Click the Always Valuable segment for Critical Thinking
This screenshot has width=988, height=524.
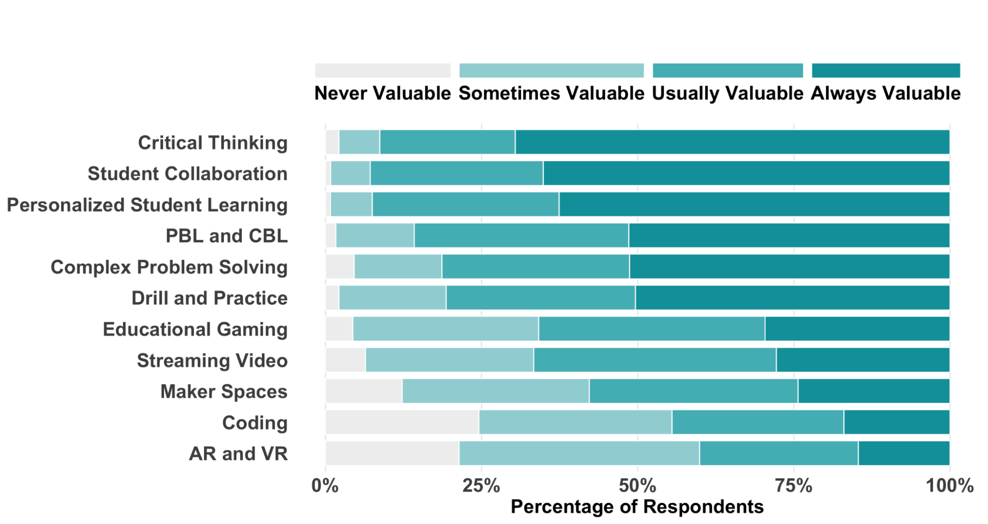(731, 142)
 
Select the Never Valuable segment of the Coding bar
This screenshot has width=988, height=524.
(402, 422)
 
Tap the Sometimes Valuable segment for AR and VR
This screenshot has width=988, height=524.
(579, 453)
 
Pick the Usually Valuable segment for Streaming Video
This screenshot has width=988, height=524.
(654, 360)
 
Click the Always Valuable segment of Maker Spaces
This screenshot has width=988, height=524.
(873, 391)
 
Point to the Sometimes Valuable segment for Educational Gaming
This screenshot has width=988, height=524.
(445, 329)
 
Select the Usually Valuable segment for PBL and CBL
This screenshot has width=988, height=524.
(521, 236)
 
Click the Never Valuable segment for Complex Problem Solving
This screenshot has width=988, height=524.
(340, 267)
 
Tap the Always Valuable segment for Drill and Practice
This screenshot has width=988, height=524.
(792, 298)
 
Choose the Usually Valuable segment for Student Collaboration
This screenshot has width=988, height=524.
(456, 173)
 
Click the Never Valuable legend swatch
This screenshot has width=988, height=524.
(383, 71)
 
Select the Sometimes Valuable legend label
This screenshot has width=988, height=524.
(551, 93)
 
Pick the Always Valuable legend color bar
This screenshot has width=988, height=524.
(886, 71)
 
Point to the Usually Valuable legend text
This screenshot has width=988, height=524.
(728, 93)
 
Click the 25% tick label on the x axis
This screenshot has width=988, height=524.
(481, 486)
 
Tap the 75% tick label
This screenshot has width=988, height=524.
(793, 486)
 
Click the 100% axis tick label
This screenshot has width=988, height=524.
(949, 486)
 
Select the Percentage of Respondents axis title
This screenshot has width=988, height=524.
(637, 507)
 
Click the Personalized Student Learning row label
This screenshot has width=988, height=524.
(147, 205)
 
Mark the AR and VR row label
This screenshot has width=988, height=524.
(238, 454)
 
